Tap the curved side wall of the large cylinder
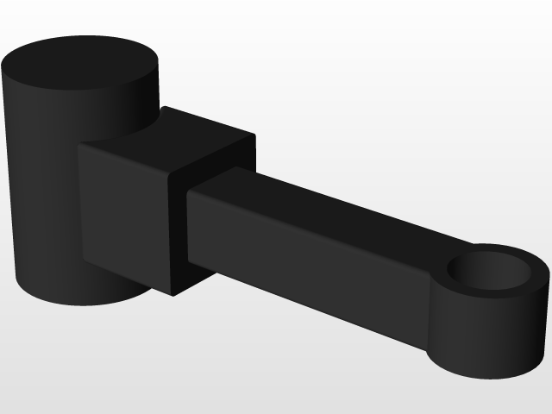pos(43,190)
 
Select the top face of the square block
pos(207,142)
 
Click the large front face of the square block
pos(125,216)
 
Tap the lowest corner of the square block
pos(173,296)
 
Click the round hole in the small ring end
pos(490,269)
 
